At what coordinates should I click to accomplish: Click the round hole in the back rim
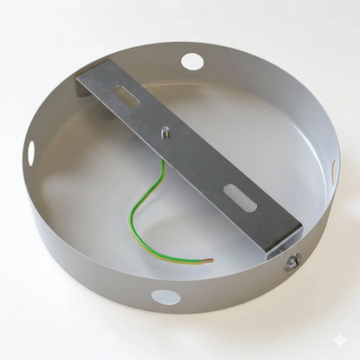point(192,61)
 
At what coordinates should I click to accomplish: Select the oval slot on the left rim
point(31,152)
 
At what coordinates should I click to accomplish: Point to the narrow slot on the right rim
point(333,171)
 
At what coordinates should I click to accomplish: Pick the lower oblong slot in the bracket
point(237,199)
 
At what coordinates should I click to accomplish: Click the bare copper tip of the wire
point(208,260)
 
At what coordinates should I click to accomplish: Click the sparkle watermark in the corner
point(338,339)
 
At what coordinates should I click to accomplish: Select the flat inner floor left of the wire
point(84,201)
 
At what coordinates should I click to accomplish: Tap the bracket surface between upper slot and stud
point(147,116)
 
